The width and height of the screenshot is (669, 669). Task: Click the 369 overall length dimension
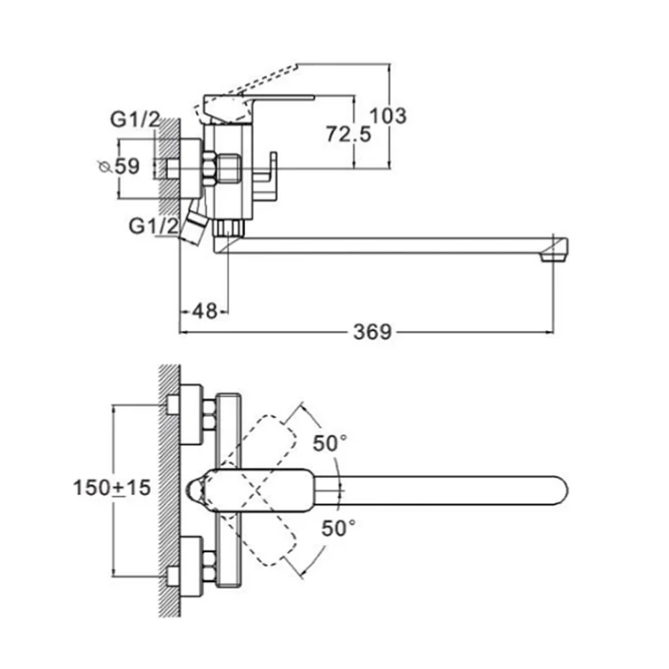tap(372, 331)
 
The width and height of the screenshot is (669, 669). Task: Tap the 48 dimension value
tap(205, 311)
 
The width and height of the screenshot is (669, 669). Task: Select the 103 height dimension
tap(388, 115)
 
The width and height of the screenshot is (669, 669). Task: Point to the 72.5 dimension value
tap(349, 134)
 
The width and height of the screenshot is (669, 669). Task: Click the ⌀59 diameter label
tap(119, 166)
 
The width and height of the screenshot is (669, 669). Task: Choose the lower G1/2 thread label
tap(154, 226)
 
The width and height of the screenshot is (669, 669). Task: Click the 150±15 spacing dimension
tap(112, 488)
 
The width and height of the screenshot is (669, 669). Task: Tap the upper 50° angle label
tap(329, 443)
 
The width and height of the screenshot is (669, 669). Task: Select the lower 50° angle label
tap(339, 529)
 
